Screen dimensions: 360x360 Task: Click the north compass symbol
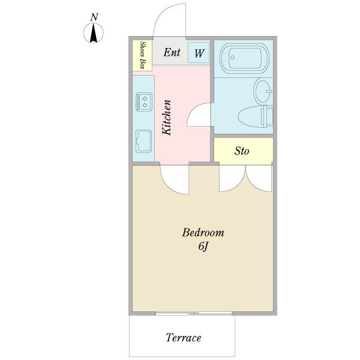(93, 33)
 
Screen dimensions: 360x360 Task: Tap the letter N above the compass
(94, 17)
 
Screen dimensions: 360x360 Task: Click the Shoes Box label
(143, 55)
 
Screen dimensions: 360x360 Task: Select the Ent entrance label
(172, 52)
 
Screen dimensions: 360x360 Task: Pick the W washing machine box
(199, 53)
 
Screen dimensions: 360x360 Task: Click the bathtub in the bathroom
(244, 58)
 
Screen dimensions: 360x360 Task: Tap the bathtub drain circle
(232, 58)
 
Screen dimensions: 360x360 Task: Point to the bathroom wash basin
(263, 91)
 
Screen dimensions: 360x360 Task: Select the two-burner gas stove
(144, 102)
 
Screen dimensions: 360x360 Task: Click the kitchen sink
(144, 141)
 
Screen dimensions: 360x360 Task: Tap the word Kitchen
(167, 118)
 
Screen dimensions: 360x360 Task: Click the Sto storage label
(242, 151)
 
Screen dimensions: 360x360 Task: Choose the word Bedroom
(203, 232)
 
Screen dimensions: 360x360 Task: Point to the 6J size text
(203, 247)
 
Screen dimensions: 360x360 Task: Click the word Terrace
(184, 337)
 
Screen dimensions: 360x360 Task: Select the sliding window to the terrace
(194, 313)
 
